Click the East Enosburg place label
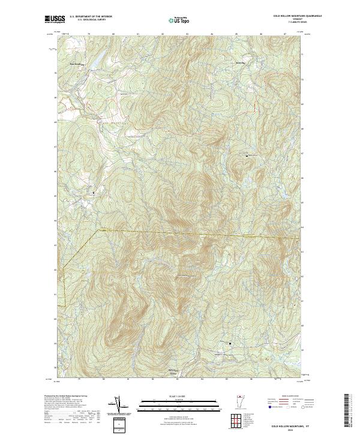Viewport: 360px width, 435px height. click(x=75, y=62)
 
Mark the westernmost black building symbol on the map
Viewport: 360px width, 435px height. click(x=94, y=193)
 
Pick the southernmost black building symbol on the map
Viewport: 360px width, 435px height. click(x=230, y=343)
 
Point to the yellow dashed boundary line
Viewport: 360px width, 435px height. click(x=180, y=233)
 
